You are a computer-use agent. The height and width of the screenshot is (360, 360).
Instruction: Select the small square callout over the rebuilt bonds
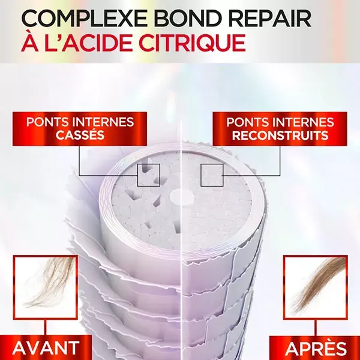211,175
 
